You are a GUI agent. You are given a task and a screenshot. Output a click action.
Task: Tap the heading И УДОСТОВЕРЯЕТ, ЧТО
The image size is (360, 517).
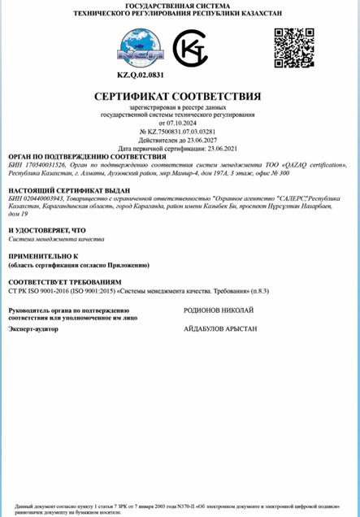click(46, 231)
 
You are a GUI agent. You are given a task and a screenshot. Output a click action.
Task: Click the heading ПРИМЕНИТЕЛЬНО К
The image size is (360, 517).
click(42, 257)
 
